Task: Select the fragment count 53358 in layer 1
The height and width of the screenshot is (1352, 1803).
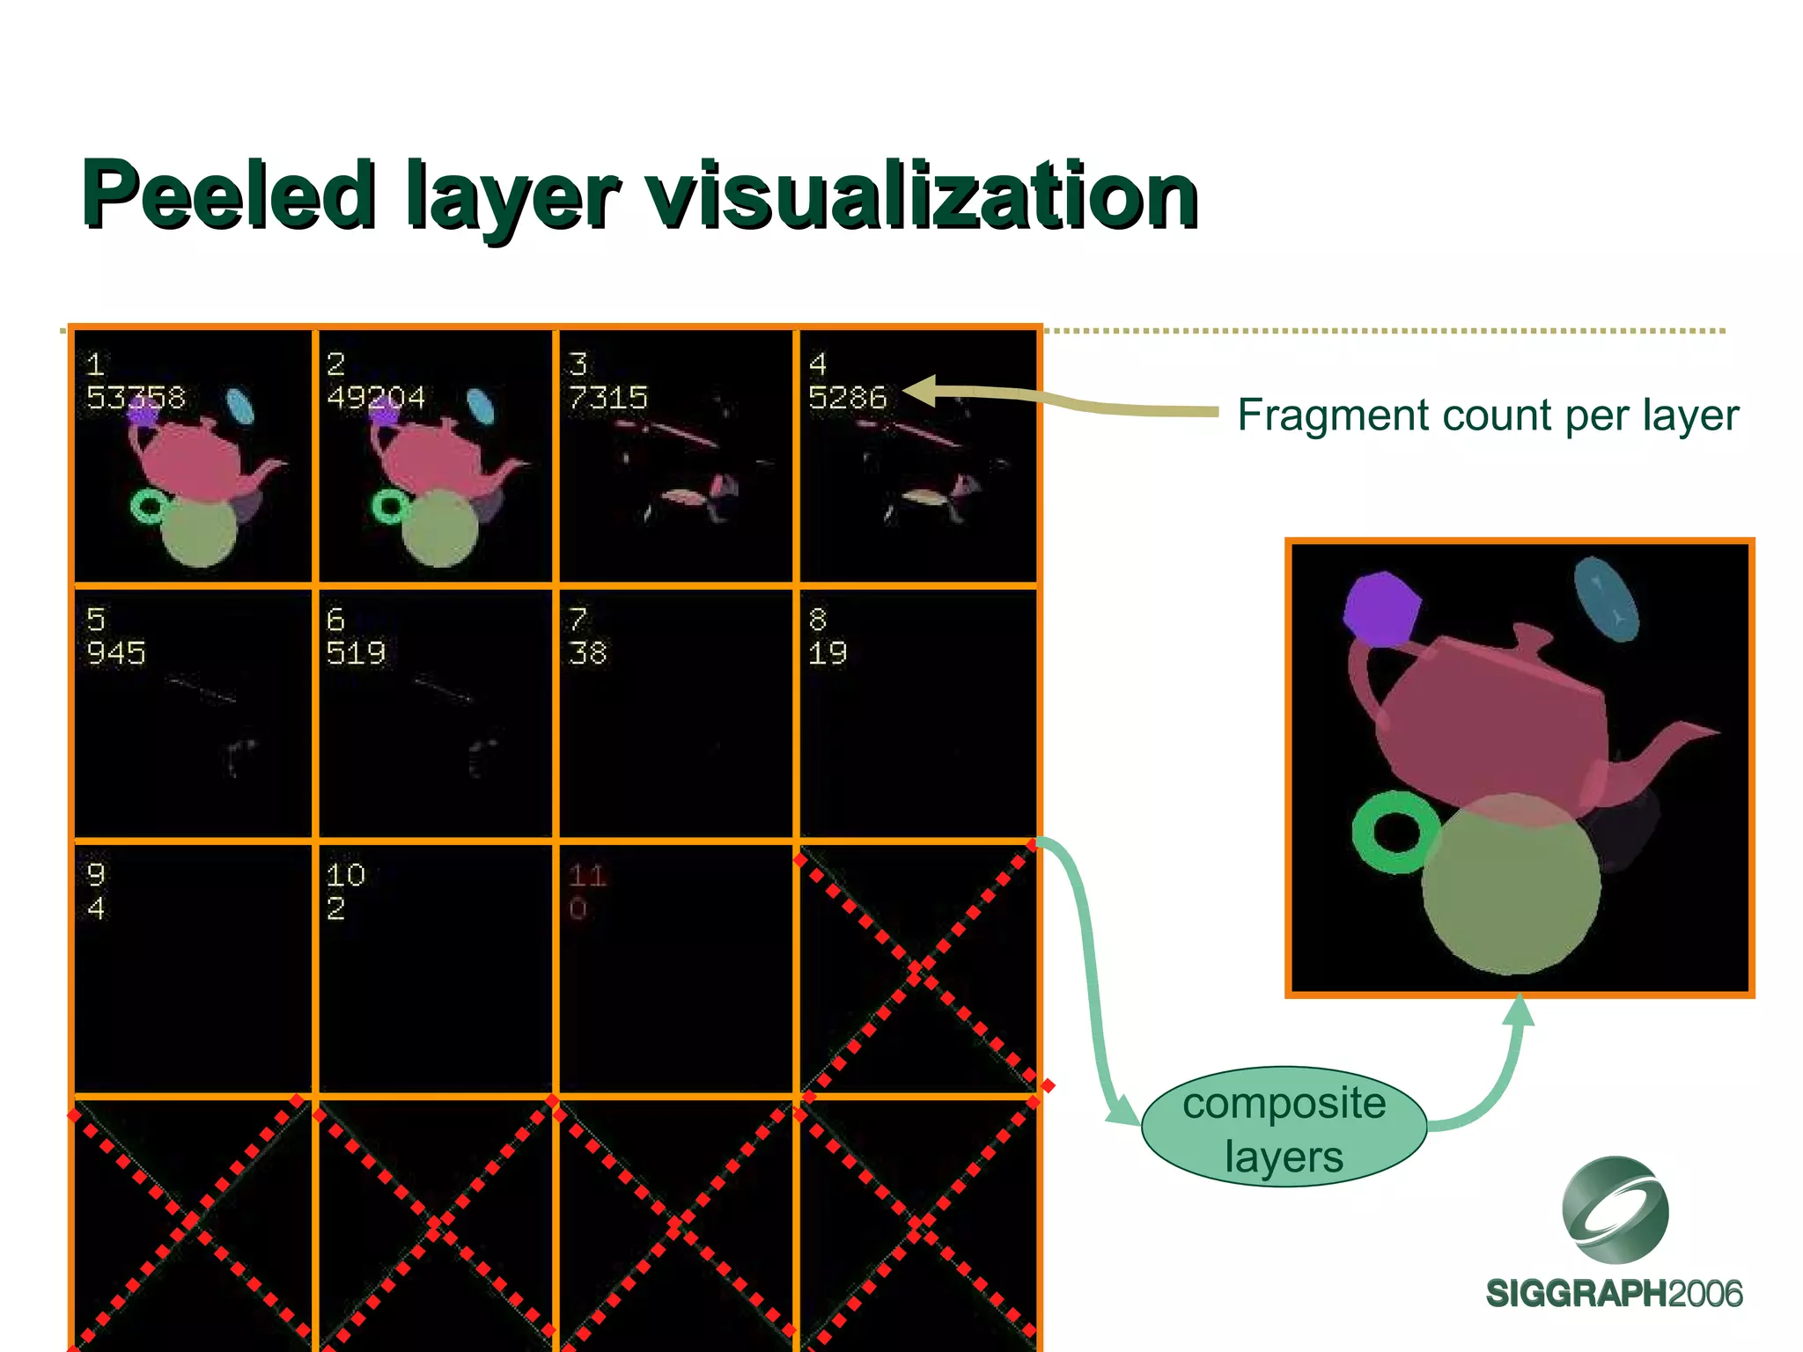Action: tap(136, 398)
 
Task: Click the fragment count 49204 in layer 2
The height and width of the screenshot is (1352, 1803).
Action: tap(376, 398)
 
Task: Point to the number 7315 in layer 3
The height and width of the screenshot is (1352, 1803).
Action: tap(607, 398)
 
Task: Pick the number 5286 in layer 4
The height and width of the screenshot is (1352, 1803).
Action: tap(847, 398)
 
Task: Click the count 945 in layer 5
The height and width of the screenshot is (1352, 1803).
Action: tap(116, 653)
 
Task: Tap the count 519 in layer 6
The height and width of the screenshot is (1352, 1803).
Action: tap(356, 653)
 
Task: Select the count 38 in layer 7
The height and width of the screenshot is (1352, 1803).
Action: tap(587, 653)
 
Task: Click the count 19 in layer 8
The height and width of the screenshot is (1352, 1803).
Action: tap(828, 653)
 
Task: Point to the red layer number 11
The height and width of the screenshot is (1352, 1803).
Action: tap(586, 875)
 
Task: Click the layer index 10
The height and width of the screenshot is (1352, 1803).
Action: tap(345, 875)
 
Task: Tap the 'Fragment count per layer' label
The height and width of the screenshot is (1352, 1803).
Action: tap(1488, 415)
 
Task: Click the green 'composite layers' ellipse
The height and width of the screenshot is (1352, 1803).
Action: tap(1284, 1128)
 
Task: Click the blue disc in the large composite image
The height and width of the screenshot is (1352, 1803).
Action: tap(1606, 599)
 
